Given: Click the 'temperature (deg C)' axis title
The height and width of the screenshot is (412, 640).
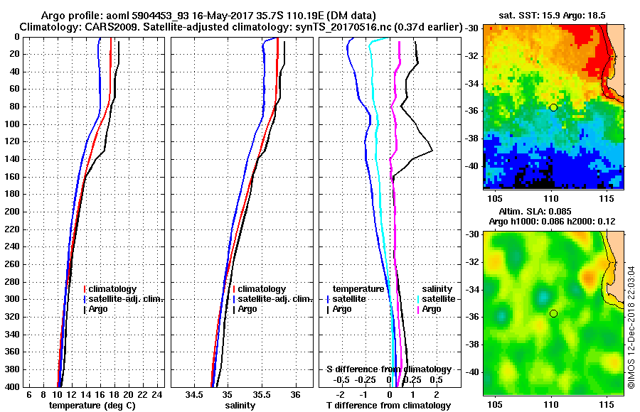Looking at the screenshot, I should point(92,405).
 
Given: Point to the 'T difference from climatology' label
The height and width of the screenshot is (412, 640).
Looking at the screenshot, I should point(388,405).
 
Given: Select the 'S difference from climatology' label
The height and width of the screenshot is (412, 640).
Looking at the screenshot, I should point(388,369).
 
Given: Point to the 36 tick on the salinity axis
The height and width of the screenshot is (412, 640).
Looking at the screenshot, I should point(296,394).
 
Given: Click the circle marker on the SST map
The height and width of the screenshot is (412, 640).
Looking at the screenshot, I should point(553,107).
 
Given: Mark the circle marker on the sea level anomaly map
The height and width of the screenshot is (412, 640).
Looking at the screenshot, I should point(553,313).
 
